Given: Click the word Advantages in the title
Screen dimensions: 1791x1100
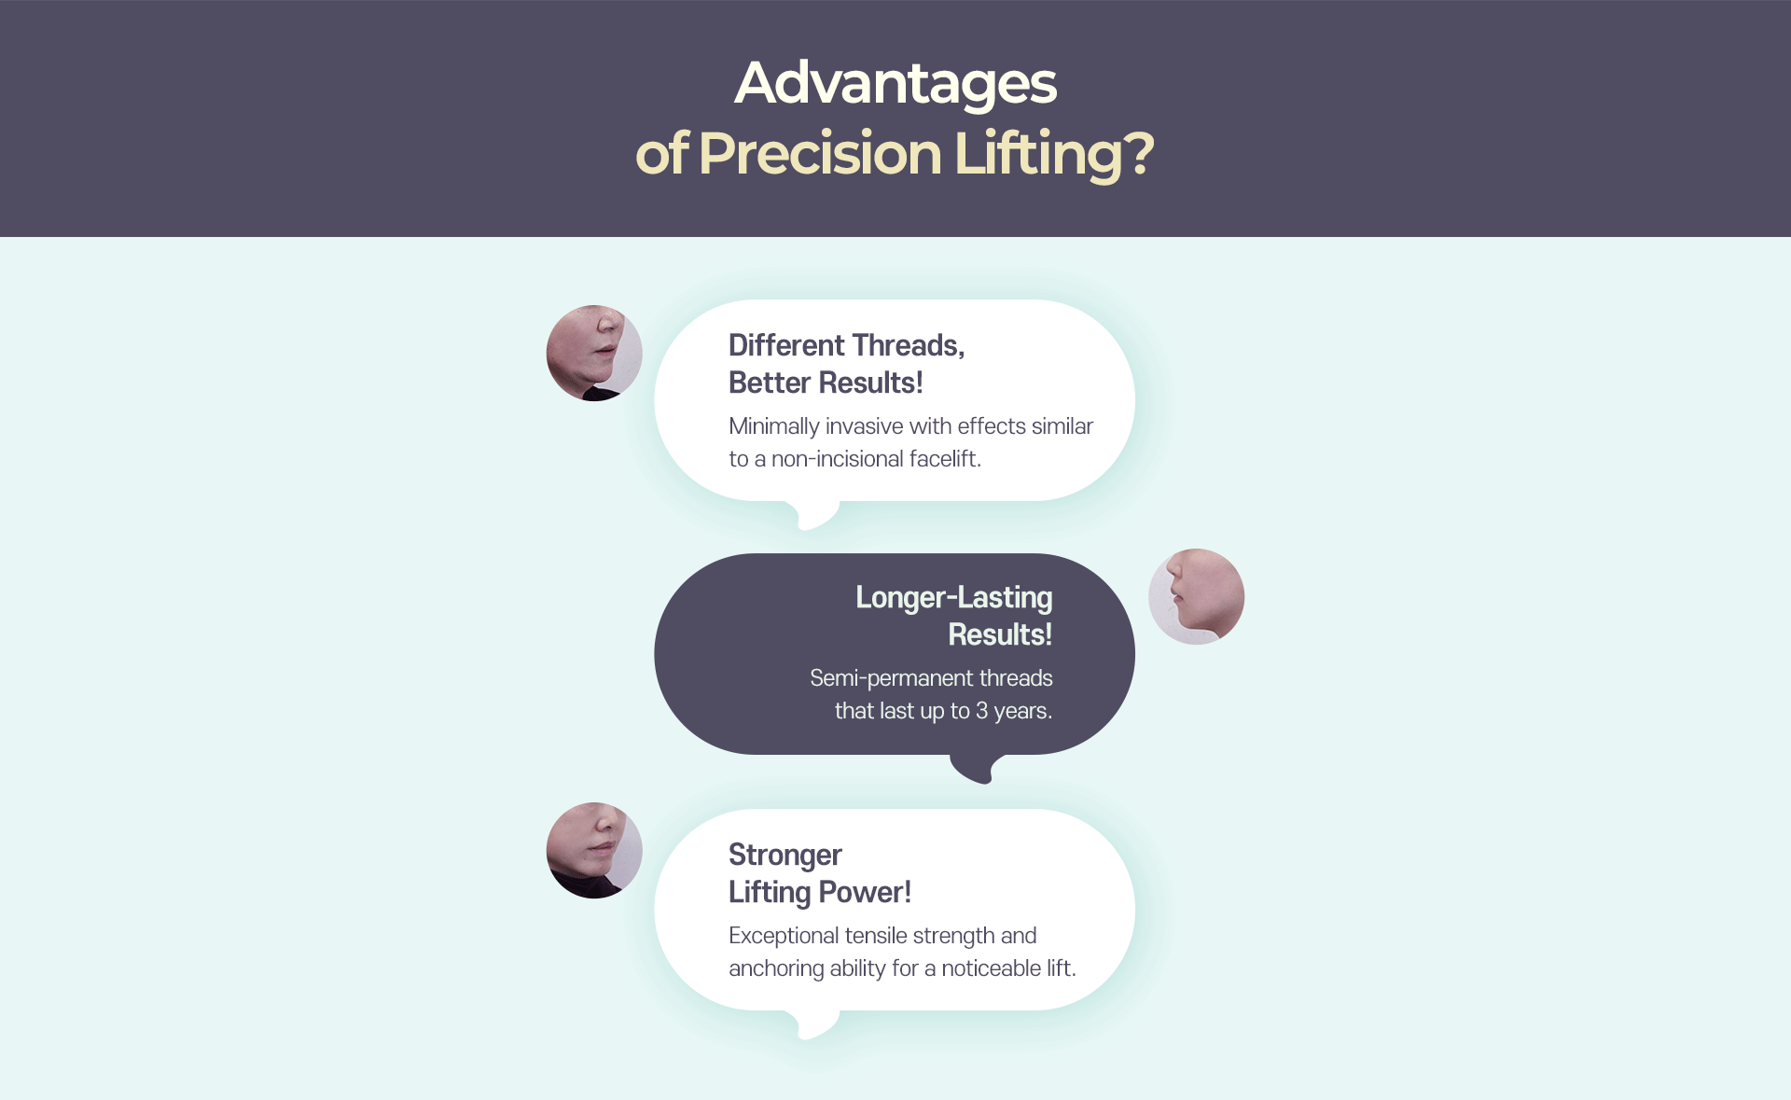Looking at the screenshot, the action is (895, 84).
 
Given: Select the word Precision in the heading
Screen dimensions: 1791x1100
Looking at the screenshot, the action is (820, 153).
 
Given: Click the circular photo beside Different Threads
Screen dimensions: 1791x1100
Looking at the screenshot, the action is (594, 353).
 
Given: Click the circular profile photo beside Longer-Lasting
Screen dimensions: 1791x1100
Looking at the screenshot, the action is (1196, 596).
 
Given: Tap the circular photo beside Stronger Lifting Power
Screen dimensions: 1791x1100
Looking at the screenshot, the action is (594, 850).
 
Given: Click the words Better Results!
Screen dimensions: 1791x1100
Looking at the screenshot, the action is (826, 383).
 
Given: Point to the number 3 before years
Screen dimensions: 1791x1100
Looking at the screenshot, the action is (981, 711).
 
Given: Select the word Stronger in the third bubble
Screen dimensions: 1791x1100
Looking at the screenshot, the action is (785, 856).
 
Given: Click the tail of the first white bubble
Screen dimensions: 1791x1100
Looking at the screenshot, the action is (817, 515).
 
